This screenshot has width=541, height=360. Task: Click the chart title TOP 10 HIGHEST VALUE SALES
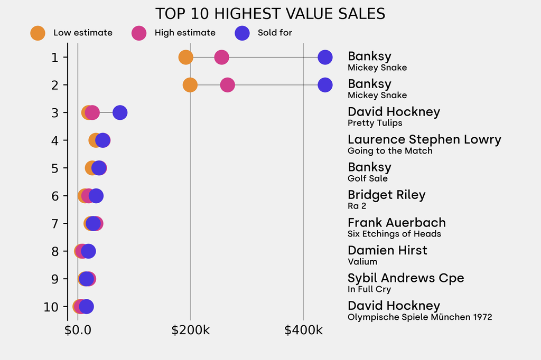tap(270, 14)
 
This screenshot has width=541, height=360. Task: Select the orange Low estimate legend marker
tap(38, 33)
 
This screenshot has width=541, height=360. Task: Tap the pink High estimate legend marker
tap(139, 33)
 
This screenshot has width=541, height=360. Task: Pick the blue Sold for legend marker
tap(242, 33)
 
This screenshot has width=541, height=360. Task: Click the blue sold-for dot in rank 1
tap(325, 57)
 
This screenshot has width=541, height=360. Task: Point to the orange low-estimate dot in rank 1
tap(185, 57)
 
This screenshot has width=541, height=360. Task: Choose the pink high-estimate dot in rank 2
tap(227, 84)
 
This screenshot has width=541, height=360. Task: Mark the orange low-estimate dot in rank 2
tap(190, 84)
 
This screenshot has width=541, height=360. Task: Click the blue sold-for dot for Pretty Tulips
tap(120, 112)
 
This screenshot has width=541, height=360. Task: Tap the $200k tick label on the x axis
tap(191, 331)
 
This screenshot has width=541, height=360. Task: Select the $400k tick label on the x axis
tap(303, 331)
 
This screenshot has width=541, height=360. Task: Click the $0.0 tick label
tap(78, 331)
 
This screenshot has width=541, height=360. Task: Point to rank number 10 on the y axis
tap(52, 307)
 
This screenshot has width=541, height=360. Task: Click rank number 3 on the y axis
tap(55, 112)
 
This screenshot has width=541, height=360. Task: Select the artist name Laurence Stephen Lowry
tap(424, 139)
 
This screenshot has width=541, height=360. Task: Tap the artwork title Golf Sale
tap(368, 178)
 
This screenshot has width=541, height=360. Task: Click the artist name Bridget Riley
tap(386, 195)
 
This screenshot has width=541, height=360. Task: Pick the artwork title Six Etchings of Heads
tap(394, 234)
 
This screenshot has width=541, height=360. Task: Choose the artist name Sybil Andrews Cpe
tap(406, 278)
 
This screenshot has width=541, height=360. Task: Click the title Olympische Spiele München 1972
tap(419, 317)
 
